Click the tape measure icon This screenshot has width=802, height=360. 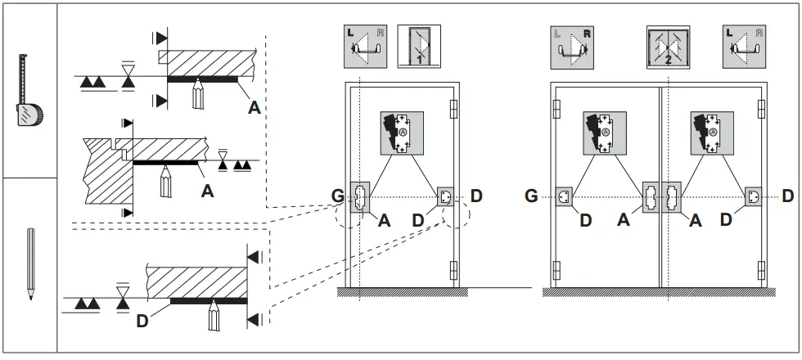(29, 91)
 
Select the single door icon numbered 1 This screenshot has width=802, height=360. (419, 46)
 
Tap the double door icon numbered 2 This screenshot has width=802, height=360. (667, 46)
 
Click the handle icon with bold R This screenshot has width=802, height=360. (573, 46)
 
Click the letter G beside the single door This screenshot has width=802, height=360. (338, 197)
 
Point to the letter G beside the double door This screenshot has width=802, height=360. (531, 196)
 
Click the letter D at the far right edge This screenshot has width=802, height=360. (787, 196)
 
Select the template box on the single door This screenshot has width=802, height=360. (402, 133)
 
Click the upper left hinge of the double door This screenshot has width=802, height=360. (556, 109)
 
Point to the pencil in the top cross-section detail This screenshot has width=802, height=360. (198, 94)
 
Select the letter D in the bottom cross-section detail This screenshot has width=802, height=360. (142, 321)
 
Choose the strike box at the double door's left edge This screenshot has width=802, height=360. (563, 197)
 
